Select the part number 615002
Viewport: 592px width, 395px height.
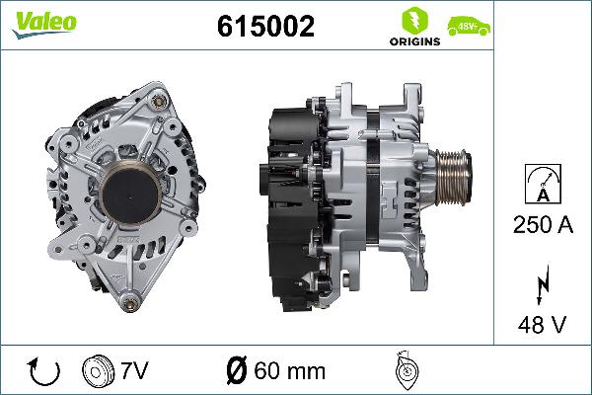pyautogui.click(x=265, y=27)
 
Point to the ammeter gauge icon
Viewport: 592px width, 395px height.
pyautogui.click(x=542, y=184)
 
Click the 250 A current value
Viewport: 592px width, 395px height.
pyautogui.click(x=542, y=225)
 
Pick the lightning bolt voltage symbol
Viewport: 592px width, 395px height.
pyautogui.click(x=541, y=286)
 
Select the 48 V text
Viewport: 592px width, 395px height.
pyautogui.click(x=542, y=323)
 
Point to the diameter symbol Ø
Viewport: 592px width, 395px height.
pyautogui.click(x=237, y=371)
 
